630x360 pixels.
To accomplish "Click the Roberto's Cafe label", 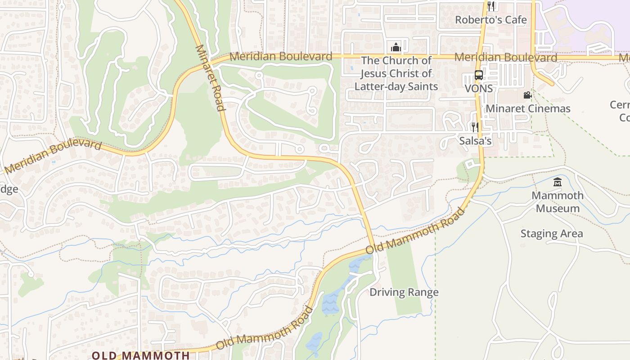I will coord(490,20).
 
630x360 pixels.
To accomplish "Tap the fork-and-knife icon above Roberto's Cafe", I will coord(491,6).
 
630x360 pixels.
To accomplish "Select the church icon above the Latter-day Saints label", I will coord(396,47).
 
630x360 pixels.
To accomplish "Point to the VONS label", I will coord(478,88).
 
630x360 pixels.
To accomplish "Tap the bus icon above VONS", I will coord(479,75).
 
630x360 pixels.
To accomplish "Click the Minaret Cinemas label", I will coord(527,108).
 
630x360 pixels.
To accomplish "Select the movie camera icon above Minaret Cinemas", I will coord(527,95).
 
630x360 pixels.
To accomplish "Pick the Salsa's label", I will coord(475,140).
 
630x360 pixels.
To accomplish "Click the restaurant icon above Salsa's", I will coord(475,127).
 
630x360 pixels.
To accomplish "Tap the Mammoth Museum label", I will coord(558,202).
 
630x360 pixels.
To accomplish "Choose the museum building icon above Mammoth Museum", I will coord(558,182).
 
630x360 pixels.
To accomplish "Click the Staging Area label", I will coord(551,234).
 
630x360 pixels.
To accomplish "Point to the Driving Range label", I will coord(404,292).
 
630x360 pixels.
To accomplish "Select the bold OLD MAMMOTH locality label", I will coord(140,355).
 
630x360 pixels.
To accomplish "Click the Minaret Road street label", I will coord(210,77).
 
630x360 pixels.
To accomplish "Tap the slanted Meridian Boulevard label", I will coord(53,156).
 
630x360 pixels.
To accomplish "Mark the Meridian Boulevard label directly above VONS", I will coord(505,57).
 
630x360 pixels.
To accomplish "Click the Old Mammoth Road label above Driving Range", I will coord(414,231).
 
